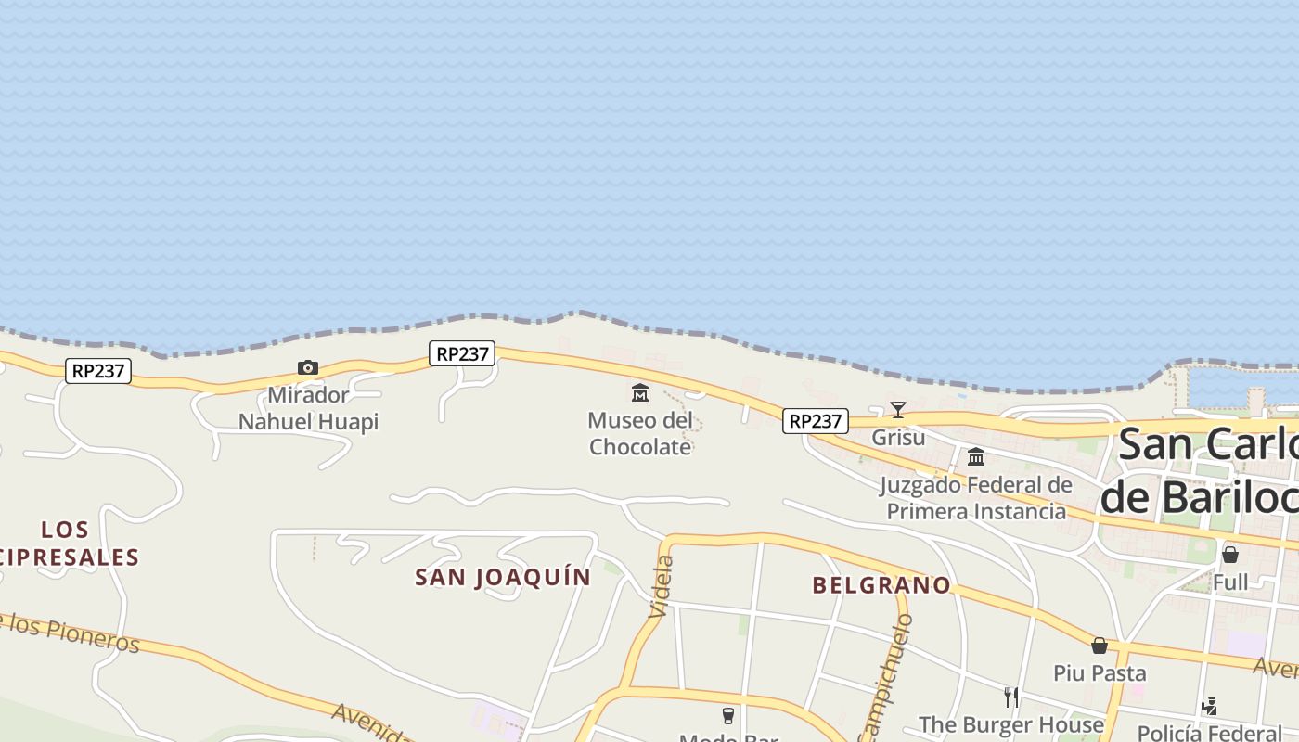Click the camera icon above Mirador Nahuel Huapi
[x=308, y=368]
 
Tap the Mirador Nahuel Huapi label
[x=308, y=409]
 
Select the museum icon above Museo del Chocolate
[x=640, y=393]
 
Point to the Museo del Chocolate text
[x=640, y=433]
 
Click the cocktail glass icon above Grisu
[x=897, y=409]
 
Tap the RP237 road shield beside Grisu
[x=815, y=421]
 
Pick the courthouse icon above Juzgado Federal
[x=976, y=456]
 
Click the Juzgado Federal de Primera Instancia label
[x=976, y=498]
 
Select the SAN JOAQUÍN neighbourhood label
[x=503, y=577]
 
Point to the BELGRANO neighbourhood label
[x=881, y=585]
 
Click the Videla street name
[x=662, y=586]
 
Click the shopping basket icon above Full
[x=1230, y=555]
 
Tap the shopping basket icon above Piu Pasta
[x=1100, y=645]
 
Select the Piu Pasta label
[x=1100, y=672]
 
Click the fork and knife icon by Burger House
[x=1011, y=697]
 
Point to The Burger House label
[x=1011, y=724]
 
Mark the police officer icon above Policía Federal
[x=1209, y=707]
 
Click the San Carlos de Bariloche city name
[x=1206, y=471]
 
